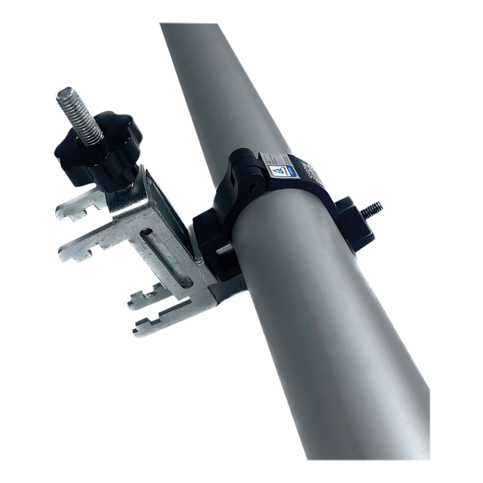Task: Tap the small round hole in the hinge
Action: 252,186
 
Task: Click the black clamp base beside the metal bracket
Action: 209,237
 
